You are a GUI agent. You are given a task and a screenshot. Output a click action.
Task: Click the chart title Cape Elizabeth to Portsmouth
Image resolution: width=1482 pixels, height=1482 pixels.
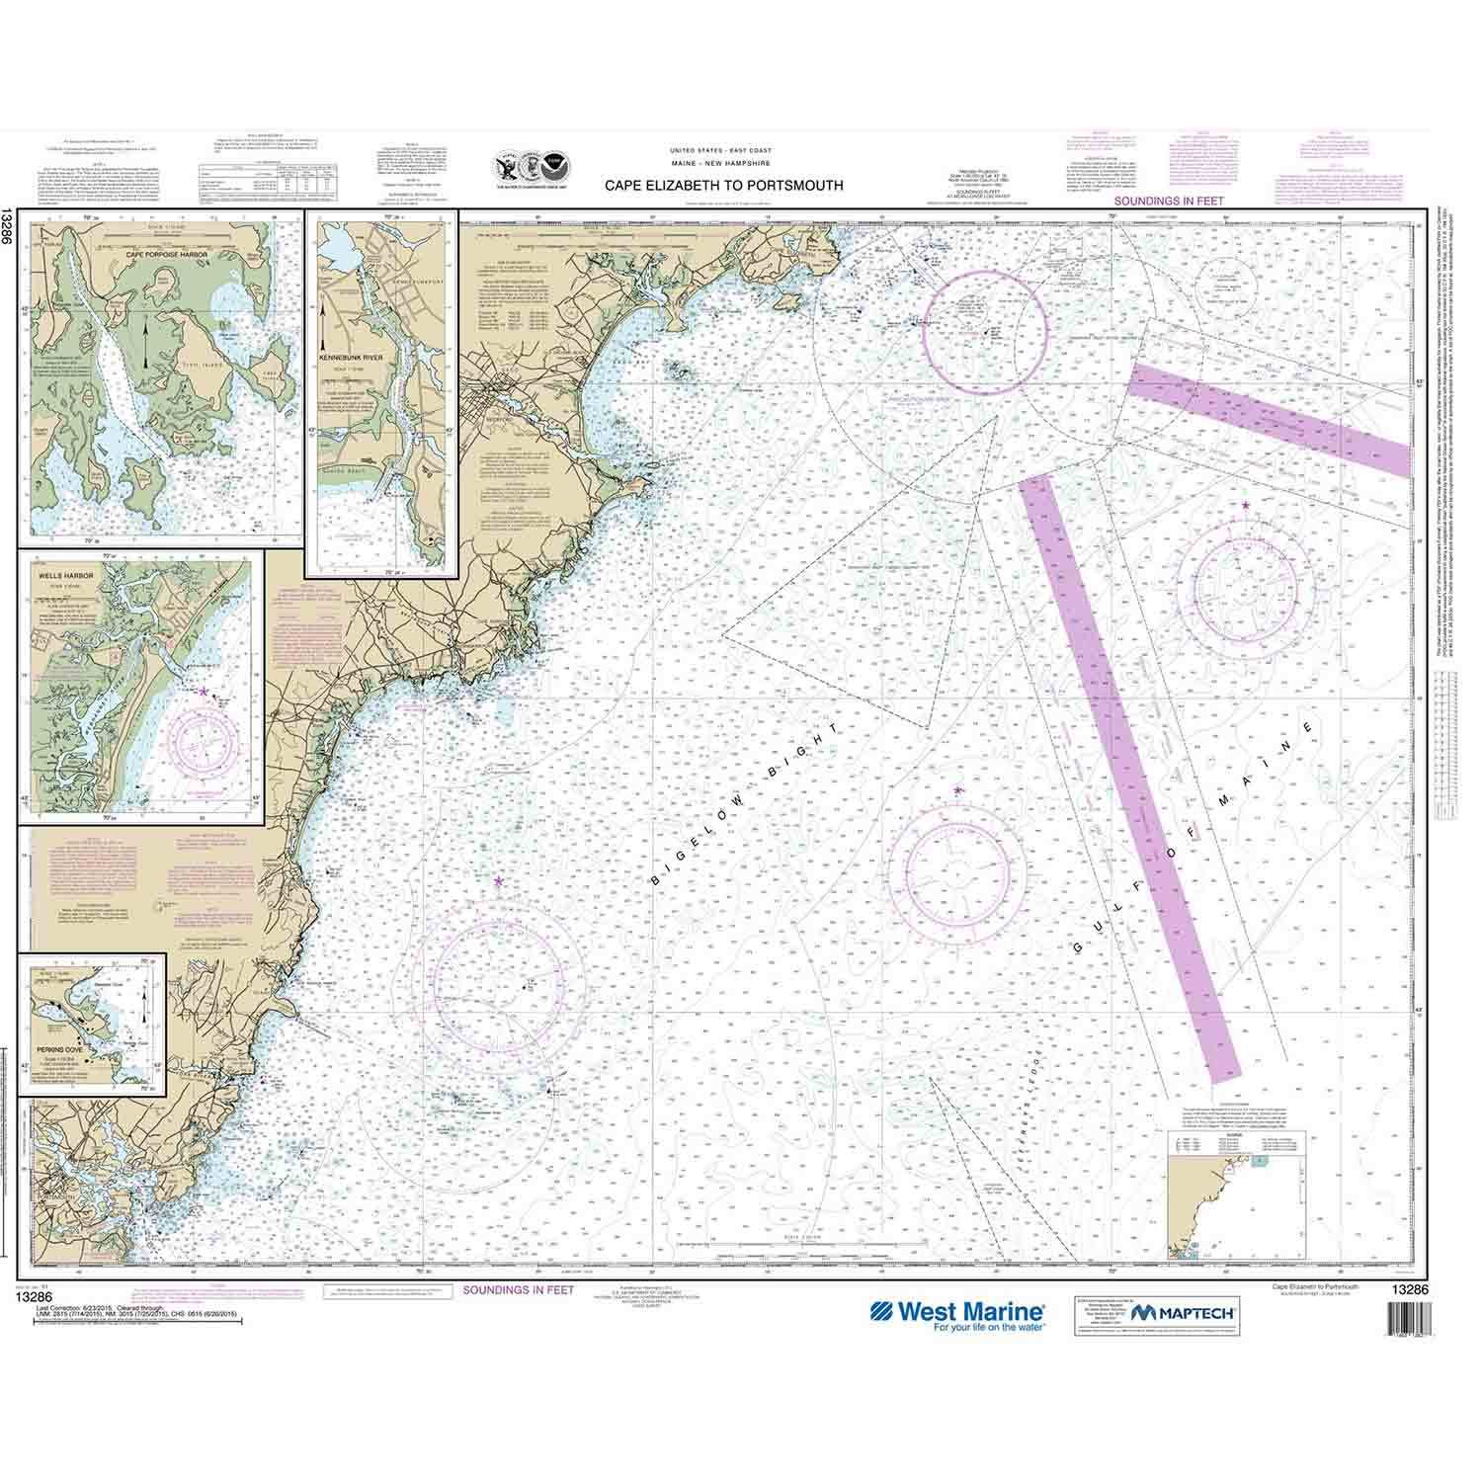pos(723,184)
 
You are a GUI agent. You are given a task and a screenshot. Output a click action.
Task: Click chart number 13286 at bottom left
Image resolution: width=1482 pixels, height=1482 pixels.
pos(51,1287)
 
